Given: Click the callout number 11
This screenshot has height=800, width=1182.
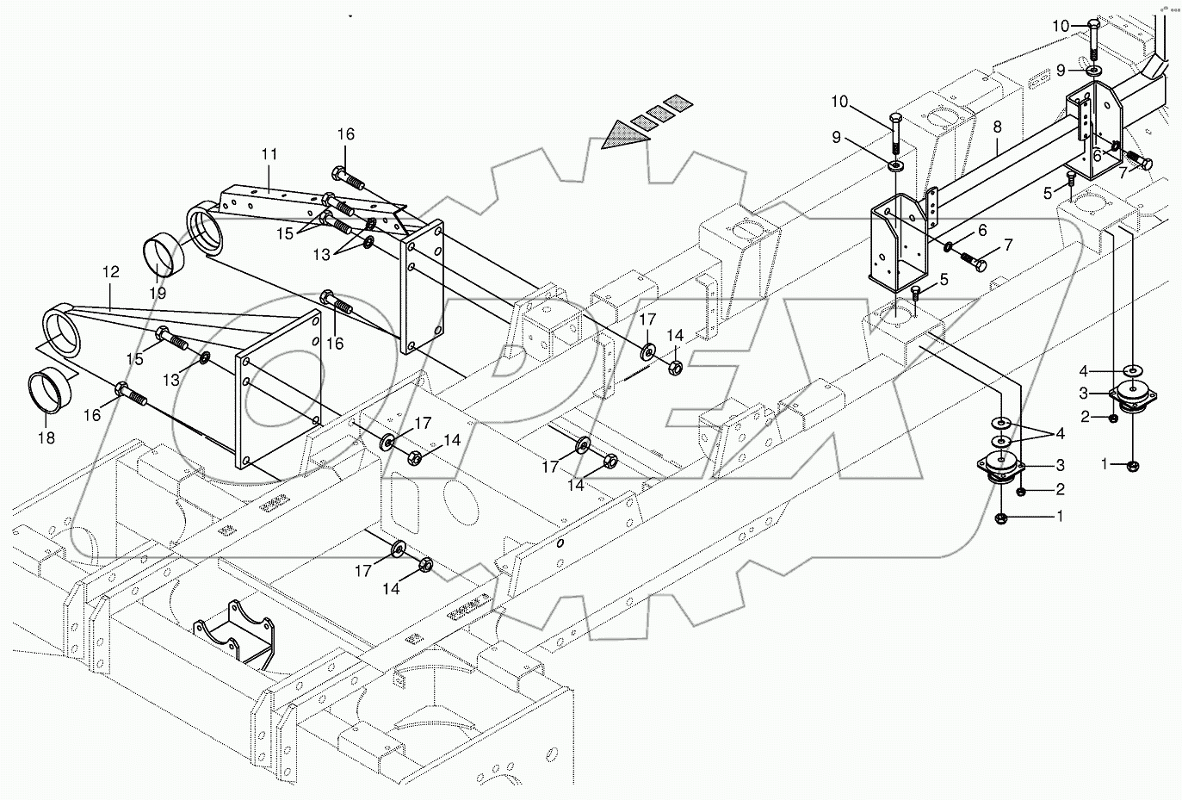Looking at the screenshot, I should (x=269, y=154).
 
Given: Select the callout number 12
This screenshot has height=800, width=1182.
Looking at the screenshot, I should (x=110, y=271).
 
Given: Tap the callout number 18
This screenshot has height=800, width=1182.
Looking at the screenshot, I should (x=46, y=438).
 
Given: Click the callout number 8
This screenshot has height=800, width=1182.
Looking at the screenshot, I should (x=997, y=126).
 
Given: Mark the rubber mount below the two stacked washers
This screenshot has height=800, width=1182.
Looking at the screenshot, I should (x=1000, y=470).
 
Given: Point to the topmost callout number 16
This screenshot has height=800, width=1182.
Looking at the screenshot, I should (x=345, y=134).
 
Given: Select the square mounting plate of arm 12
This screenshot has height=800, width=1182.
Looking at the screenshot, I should (x=278, y=389).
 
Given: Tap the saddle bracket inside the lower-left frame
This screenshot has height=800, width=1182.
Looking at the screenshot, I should (x=233, y=633).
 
